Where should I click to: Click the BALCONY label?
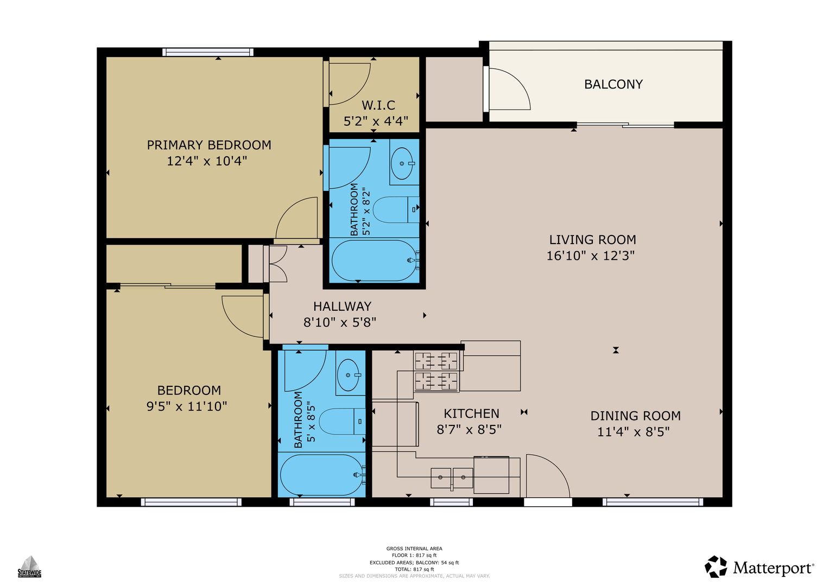coord(613,84)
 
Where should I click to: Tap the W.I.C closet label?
coord(378,105)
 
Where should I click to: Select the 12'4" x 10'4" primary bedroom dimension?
coord(207,161)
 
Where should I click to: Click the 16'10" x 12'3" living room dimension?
coord(591,256)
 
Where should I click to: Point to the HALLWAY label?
coord(343,307)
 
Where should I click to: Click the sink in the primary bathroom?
coord(402,163)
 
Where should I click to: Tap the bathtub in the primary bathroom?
coord(375,260)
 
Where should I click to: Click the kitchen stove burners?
coord(436,371)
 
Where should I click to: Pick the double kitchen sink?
coord(452,478)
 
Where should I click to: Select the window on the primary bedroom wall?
coord(207,52)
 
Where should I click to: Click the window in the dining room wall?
coord(653,502)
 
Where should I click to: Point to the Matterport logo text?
coord(773,568)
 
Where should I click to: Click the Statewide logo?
coord(30,566)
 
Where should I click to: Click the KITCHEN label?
coord(471,413)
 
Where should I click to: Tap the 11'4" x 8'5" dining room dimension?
coord(634,432)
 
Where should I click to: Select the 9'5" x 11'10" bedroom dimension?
coord(187,406)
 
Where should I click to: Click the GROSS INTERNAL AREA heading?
coord(414,549)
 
